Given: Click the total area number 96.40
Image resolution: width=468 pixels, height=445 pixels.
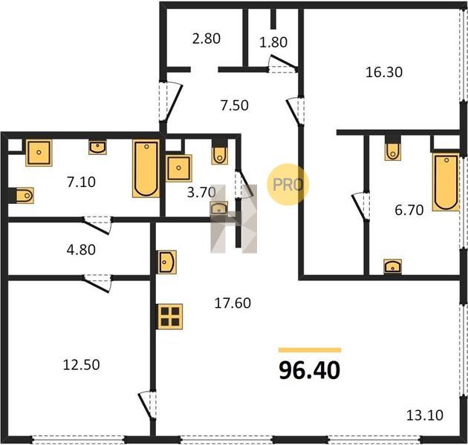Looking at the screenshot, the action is [x=310, y=370].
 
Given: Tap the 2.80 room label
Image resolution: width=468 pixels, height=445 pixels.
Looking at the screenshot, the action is [x=207, y=39].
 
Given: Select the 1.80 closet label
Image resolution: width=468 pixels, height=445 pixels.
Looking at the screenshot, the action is [x=273, y=42].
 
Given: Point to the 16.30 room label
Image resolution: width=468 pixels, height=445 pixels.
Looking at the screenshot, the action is [x=384, y=72].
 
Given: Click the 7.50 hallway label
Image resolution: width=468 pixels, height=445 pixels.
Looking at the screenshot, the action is [x=235, y=105].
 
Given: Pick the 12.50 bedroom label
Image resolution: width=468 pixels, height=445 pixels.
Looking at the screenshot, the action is [x=81, y=365].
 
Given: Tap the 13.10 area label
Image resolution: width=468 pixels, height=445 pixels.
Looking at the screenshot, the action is [x=425, y=415].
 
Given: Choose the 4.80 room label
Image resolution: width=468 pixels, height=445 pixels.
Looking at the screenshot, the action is [x=81, y=250].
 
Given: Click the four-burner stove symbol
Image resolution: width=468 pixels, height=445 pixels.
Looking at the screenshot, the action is [x=170, y=317].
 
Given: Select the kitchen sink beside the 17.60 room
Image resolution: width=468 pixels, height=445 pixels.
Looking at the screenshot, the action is [x=167, y=262].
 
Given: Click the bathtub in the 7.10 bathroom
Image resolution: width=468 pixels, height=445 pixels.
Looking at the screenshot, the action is [x=146, y=168].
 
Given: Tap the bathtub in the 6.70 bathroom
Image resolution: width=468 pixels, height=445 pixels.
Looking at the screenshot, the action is [x=446, y=182].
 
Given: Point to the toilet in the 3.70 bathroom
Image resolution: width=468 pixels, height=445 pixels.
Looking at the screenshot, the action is [x=220, y=154].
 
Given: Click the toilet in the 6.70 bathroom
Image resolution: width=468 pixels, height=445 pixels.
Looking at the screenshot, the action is [x=392, y=151].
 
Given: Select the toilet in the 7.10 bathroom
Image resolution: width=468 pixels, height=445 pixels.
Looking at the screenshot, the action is [x=24, y=196].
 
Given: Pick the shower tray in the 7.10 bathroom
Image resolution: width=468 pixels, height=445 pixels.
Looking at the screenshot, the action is [x=39, y=153].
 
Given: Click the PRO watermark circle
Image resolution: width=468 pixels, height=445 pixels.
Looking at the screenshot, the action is [x=287, y=185].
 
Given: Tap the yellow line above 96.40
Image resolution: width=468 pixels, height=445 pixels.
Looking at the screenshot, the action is [x=310, y=350].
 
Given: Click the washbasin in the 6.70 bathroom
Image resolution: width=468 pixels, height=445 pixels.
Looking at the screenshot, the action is [x=393, y=266].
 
